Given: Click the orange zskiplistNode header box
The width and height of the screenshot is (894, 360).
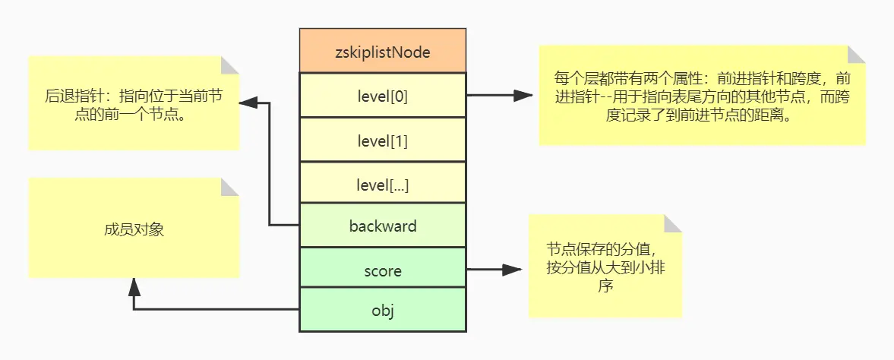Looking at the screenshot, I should pyautogui.click(x=383, y=52).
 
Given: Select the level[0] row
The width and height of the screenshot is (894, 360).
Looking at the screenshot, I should pyautogui.click(x=383, y=96).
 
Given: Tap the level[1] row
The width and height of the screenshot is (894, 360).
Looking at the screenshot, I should pyautogui.click(x=383, y=140).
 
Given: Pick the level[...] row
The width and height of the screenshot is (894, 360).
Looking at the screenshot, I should pyautogui.click(x=383, y=183).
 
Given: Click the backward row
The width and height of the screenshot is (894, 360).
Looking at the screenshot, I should pyautogui.click(x=383, y=226).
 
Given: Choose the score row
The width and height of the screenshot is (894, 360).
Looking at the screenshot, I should pyautogui.click(x=383, y=270).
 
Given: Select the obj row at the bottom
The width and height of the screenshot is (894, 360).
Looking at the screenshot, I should pyautogui.click(x=383, y=311).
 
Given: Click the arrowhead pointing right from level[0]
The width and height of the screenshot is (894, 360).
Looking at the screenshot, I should pyautogui.click(x=523, y=96).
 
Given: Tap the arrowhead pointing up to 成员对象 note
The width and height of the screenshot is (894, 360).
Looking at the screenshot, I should pyautogui.click(x=134, y=286).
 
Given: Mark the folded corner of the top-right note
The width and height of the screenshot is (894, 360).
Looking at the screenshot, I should pyautogui.click(x=855, y=55).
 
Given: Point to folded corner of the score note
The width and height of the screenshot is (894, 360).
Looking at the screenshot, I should pyautogui.click(x=672, y=223).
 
